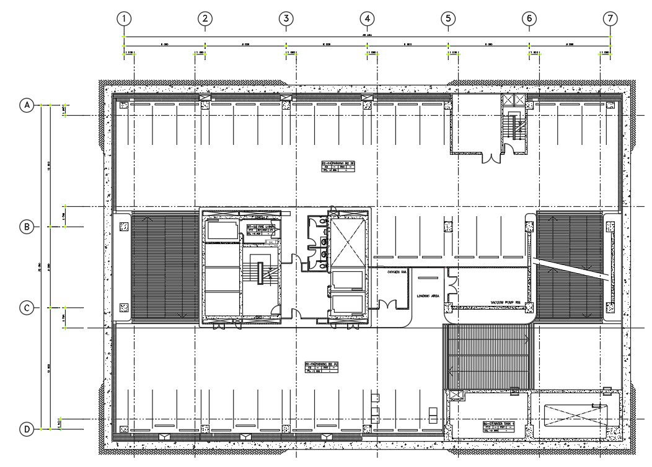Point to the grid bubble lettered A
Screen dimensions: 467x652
click(x=27, y=105)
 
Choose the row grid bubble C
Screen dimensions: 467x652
click(x=27, y=308)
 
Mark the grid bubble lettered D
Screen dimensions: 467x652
click(x=27, y=429)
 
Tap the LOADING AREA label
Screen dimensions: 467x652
click(x=428, y=296)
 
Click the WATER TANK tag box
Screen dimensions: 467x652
click(x=499, y=426)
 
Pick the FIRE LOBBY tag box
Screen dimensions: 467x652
click(x=260, y=230)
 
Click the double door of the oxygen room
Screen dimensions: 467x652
click(x=389, y=305)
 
